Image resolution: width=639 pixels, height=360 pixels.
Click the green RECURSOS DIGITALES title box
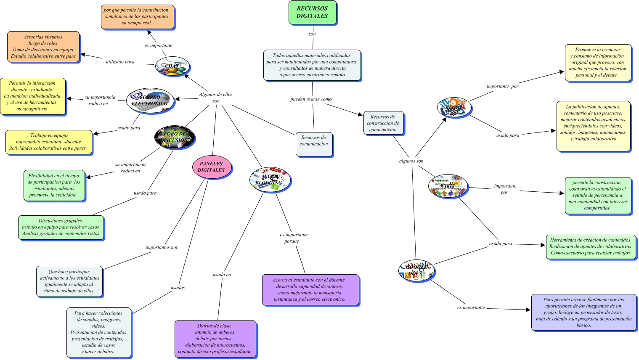coord(312,12)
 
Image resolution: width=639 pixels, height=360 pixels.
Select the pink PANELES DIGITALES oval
coord(211,167)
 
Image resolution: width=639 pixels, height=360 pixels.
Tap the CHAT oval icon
coord(172,66)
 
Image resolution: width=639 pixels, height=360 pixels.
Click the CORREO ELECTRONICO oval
coord(150,101)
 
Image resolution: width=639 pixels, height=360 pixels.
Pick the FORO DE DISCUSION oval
coord(175,137)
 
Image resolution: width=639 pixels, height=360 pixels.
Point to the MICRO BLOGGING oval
coord(270,180)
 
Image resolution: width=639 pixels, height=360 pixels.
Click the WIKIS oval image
coord(448,186)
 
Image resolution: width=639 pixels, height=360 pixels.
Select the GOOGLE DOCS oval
coord(416,271)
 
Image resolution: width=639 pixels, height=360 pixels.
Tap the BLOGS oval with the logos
coord(453,108)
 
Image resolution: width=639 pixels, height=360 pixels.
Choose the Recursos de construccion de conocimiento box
coord(383,123)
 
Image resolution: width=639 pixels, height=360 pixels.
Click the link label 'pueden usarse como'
coord(311,99)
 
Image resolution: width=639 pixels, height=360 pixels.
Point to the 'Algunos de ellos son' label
coord(216,98)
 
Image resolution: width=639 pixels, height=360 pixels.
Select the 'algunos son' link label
coord(411,161)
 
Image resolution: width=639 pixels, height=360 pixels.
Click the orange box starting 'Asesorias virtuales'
coord(43,47)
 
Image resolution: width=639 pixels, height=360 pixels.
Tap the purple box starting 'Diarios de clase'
coord(215,339)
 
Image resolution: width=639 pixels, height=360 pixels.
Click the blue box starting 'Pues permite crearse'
coord(583,312)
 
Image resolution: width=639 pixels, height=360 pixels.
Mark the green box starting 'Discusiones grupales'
coord(61,227)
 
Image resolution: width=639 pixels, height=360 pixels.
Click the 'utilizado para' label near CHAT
coord(120,62)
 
